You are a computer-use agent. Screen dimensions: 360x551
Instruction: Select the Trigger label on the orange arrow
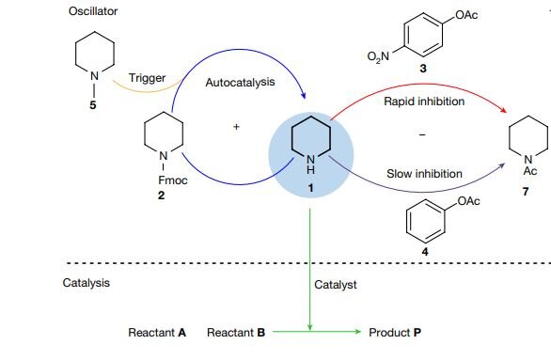pyautogui.click(x=147, y=76)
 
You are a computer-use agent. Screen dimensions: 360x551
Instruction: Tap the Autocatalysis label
pyautogui.click(x=240, y=84)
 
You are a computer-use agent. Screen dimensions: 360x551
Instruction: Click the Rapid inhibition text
pyautogui.click(x=424, y=101)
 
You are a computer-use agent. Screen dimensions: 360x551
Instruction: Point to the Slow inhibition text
pyautogui.click(x=423, y=174)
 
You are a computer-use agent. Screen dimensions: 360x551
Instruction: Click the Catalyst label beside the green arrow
pyautogui.click(x=335, y=282)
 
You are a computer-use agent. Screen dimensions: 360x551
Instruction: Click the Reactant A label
pyautogui.click(x=157, y=333)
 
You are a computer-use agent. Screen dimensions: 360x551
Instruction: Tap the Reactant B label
pyautogui.click(x=236, y=333)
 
